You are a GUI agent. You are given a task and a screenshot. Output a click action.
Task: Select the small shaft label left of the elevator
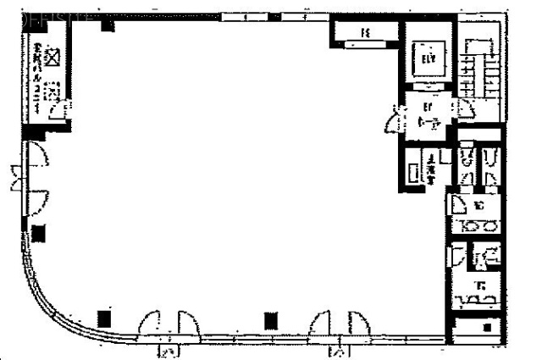tap(365, 33)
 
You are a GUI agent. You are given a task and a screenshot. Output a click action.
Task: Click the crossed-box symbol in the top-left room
tap(53, 57)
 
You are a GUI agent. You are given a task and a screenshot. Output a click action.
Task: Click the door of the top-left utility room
tap(60, 111)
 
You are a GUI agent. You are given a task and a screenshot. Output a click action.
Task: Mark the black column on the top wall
tap(108, 25)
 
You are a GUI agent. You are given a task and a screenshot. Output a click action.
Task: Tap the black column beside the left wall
tap(39, 235)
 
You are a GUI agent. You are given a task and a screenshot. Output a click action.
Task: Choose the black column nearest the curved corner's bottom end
tap(104, 319)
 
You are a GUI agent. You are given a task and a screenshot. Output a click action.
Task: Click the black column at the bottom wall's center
tap(270, 320)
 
